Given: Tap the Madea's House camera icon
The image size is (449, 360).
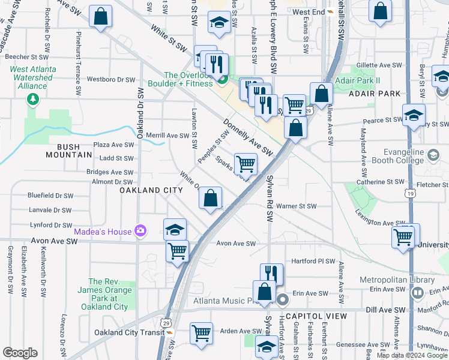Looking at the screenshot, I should click(140, 230).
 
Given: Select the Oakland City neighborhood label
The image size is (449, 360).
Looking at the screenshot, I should click(151, 190).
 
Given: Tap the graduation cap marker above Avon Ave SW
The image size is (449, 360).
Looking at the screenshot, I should click(175, 229).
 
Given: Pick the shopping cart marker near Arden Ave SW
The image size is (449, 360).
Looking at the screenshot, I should click(201, 333).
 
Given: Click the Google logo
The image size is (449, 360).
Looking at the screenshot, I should click(20, 353).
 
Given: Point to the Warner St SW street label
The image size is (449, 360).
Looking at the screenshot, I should click(296, 206).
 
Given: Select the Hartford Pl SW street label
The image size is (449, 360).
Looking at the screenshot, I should click(312, 261).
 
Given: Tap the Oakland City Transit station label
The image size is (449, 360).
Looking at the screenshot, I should click(129, 332).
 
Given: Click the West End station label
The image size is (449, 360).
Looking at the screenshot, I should click(309, 12).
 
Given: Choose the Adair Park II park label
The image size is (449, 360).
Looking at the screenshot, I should click(366, 80).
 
